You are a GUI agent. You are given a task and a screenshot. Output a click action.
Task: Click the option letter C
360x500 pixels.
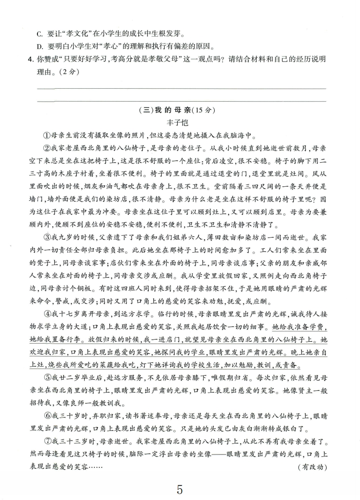coord(39,34)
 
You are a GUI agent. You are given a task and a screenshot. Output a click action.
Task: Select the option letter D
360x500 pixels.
coord(39,46)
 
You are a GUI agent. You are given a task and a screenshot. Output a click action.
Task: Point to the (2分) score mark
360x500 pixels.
coord(68,72)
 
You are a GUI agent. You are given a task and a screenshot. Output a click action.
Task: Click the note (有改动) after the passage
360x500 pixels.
coord(311,467)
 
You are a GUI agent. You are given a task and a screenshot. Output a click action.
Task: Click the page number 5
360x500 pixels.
coord(180,489)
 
